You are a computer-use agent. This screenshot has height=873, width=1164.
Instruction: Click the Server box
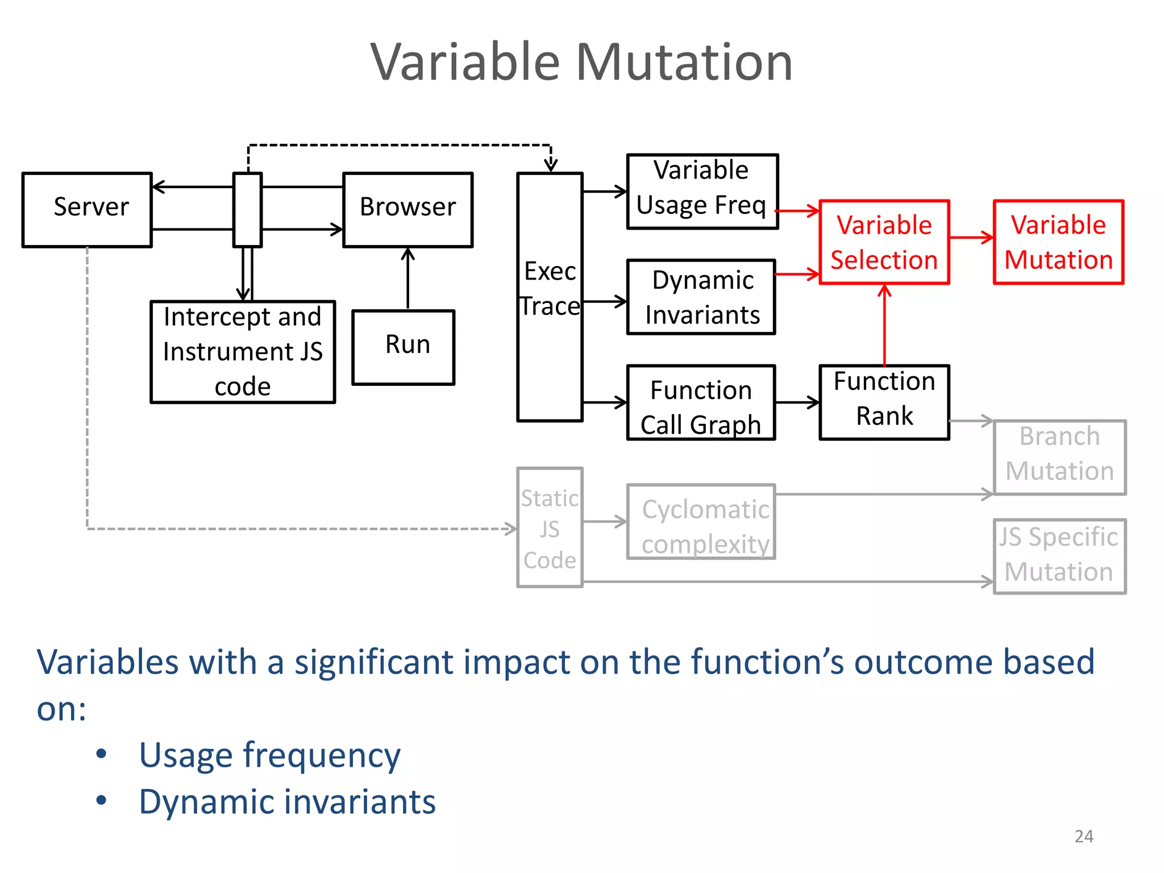tap(87, 210)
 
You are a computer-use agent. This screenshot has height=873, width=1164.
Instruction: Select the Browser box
tap(408, 210)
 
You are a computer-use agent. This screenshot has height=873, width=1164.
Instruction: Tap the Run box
tap(404, 347)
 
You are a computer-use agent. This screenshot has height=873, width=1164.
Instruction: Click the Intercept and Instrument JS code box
tap(243, 352)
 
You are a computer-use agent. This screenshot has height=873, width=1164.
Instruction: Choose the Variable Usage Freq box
tap(702, 192)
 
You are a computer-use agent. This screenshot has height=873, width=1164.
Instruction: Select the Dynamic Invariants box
tap(701, 297)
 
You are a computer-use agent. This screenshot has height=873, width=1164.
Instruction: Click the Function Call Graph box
tap(701, 402)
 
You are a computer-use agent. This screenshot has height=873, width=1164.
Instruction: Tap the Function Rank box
tap(884, 402)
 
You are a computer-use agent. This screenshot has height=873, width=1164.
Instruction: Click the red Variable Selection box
tap(884, 242)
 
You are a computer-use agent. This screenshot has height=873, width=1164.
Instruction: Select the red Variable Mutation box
tap(1058, 242)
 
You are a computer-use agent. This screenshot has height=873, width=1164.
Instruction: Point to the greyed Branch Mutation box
tap(1059, 458)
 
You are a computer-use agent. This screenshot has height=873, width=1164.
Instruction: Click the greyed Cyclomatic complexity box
tap(701, 522)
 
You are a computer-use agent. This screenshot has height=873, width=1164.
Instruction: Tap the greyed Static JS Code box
tap(550, 527)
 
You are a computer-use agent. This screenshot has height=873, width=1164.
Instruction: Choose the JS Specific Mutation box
tap(1059, 556)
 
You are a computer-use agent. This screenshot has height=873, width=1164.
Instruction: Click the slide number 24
tap(1083, 837)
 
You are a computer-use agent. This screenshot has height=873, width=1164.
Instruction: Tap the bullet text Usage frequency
tap(270, 755)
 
